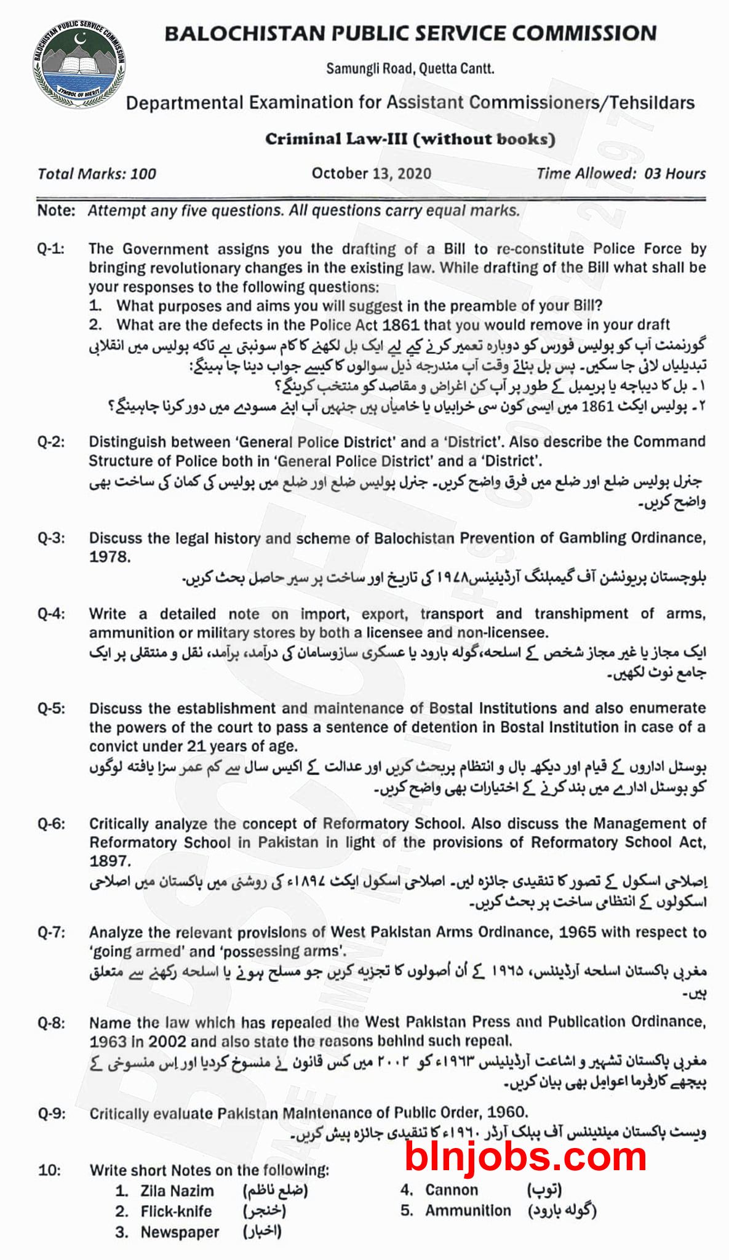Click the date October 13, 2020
point(371,173)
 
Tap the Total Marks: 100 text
point(97,174)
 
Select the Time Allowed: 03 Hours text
point(621,173)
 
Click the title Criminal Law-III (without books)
point(410,139)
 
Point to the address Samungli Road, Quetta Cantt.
point(410,68)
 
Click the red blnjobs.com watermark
point(526,1157)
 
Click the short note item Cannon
point(452,1190)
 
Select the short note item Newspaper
point(180,1232)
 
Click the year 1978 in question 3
point(110,557)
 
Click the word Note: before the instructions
point(56,210)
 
